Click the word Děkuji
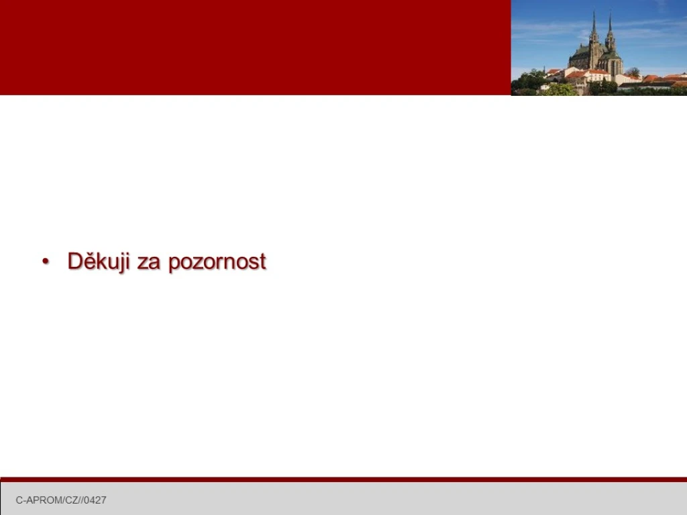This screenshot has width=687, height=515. click(99, 262)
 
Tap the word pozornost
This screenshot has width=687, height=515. click(217, 262)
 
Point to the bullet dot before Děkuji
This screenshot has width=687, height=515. click(46, 262)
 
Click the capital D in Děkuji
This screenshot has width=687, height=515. click(74, 261)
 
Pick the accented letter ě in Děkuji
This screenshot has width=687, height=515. click(90, 262)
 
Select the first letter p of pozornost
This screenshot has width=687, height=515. click(174, 264)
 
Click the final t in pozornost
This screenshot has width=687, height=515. click(262, 262)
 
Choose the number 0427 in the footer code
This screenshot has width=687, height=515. click(95, 500)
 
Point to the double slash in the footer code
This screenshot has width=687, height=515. click(81, 500)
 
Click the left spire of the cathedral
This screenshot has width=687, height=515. click(594, 26)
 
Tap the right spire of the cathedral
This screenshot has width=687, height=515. click(610, 28)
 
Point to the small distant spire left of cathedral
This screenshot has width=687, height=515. click(544, 69)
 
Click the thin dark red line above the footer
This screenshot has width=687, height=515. click(343, 479)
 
